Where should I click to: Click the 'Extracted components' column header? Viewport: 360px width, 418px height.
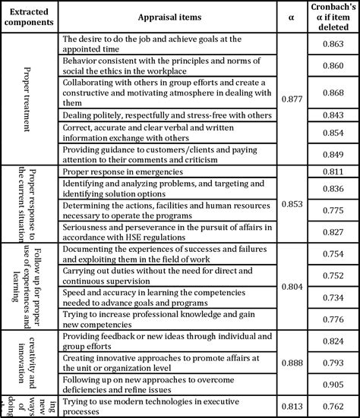point(30,16)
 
